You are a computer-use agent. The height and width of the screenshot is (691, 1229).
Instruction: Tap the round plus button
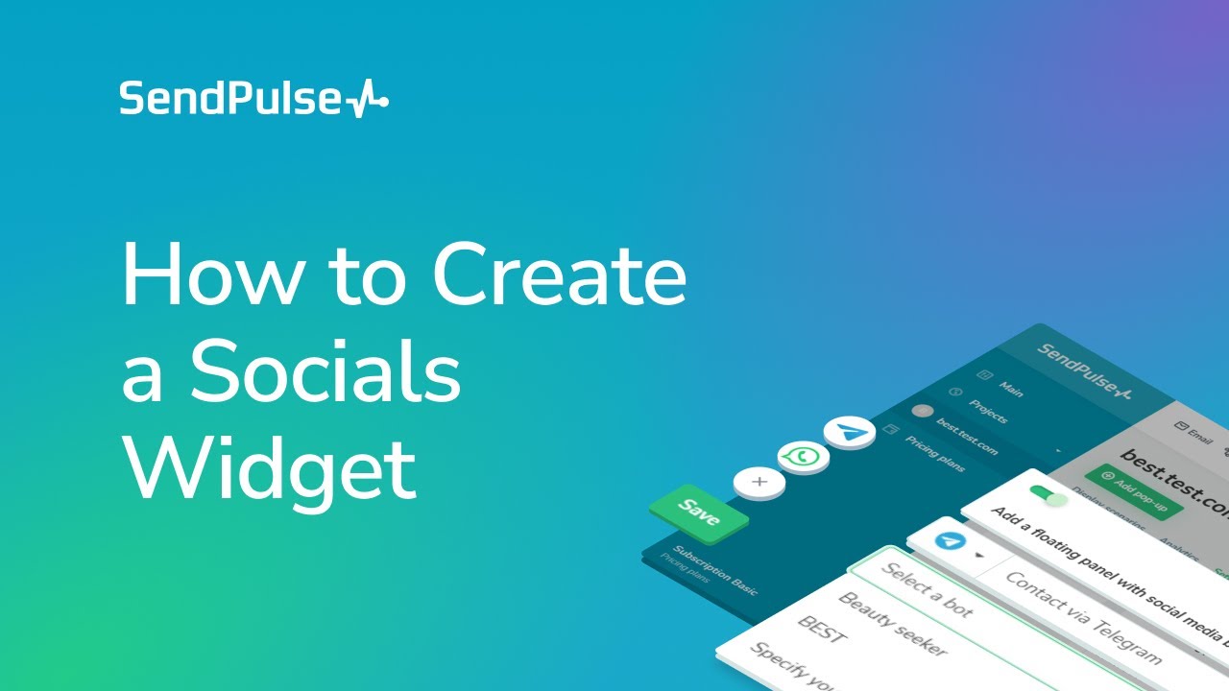point(759,481)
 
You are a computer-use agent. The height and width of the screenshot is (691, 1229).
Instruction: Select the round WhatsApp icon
point(804,457)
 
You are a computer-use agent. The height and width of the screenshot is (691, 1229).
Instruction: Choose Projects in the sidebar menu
point(986,412)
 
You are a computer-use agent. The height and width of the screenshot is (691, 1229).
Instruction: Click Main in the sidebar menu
point(1010,390)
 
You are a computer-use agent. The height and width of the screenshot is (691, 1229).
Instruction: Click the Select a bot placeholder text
point(927,589)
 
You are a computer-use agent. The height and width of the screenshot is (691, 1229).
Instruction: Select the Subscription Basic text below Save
point(714,570)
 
